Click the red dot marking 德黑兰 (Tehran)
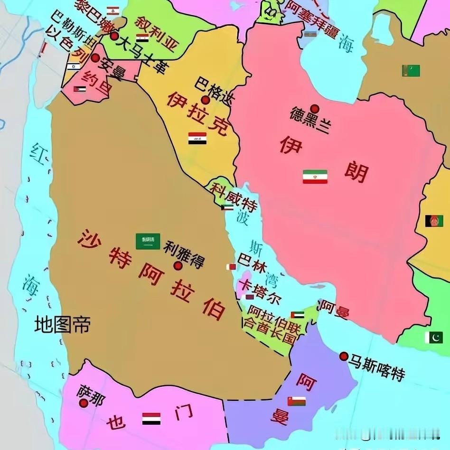tap(314, 108)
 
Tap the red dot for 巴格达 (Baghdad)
tap(205, 100)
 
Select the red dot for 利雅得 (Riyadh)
tap(178, 266)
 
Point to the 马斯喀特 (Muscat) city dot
tap(344, 356)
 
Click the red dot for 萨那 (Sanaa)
tap(84, 403)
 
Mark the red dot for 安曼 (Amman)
tap(95, 58)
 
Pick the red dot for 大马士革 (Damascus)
tap(114, 36)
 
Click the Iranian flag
tap(315, 177)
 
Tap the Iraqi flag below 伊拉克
tap(197, 139)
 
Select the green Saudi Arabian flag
tap(148, 241)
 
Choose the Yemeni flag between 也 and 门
tap(151, 419)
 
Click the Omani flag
tap(296, 401)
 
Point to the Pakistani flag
tap(434, 337)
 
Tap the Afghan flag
tap(434, 221)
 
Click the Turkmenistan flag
tap(411, 71)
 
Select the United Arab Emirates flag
tap(298, 315)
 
